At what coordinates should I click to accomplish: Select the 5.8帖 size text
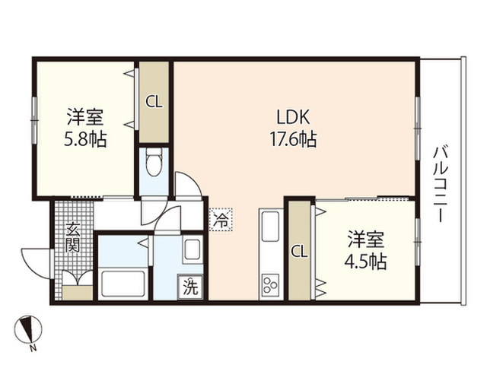click(84, 140)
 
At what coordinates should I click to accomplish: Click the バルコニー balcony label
click(439, 182)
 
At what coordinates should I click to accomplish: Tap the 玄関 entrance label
click(72, 236)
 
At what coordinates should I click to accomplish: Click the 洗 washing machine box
click(191, 287)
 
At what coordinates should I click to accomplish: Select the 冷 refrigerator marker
click(221, 220)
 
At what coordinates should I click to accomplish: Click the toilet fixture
click(154, 163)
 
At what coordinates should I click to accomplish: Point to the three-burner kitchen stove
click(270, 286)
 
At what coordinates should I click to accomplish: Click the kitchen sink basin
click(270, 226)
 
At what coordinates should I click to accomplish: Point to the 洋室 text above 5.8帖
click(84, 119)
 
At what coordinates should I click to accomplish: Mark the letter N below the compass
click(33, 349)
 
